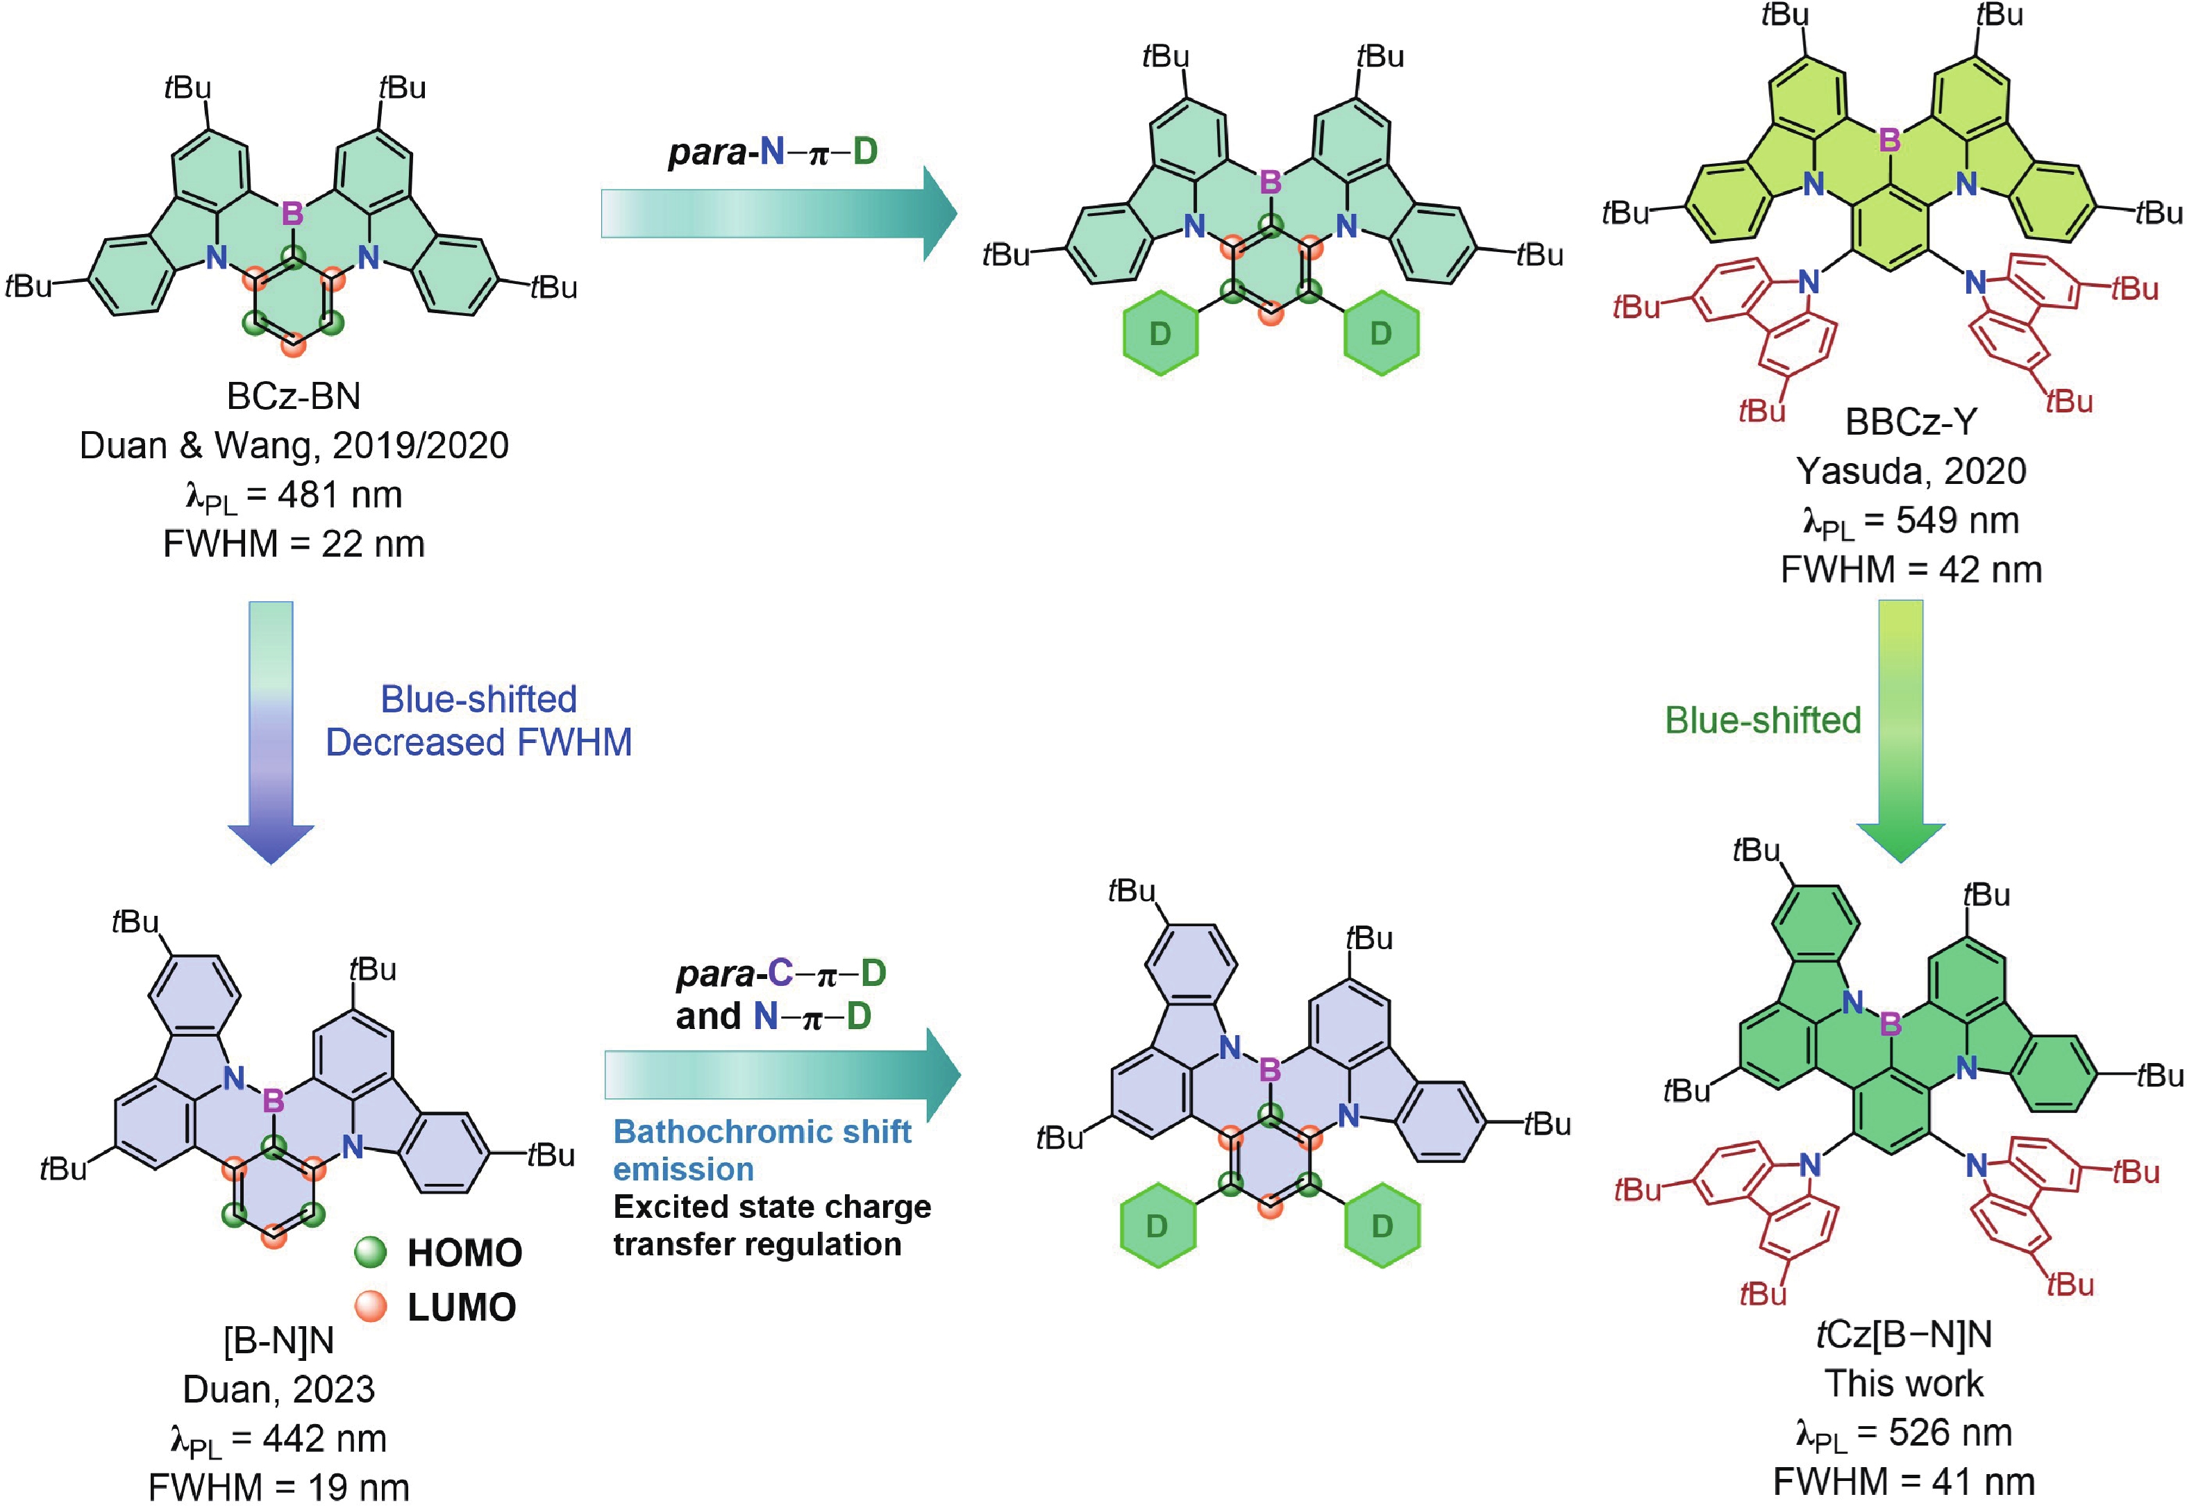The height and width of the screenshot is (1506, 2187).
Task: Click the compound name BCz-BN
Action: (x=294, y=396)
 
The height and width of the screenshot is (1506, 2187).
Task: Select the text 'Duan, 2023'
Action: (x=278, y=1389)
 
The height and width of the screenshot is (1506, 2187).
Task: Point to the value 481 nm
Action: (x=340, y=494)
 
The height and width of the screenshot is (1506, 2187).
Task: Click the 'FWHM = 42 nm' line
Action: (x=1911, y=570)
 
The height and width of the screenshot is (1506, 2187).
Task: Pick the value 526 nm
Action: (x=1950, y=1432)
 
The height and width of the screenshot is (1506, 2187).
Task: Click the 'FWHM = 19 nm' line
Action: (x=279, y=1488)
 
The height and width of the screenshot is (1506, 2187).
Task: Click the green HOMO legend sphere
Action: (x=371, y=1252)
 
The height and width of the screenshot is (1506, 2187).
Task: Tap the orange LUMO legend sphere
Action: (x=371, y=1306)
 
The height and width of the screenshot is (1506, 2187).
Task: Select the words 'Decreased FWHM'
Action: (x=478, y=743)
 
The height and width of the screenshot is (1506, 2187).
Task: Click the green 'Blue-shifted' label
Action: (x=1762, y=720)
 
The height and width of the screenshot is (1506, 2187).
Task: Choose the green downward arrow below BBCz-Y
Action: (x=1900, y=726)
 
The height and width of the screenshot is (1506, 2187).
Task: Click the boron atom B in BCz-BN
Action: (x=292, y=214)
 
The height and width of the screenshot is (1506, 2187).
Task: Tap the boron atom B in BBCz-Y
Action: (x=1889, y=140)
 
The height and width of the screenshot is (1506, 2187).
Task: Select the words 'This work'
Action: (x=1904, y=1383)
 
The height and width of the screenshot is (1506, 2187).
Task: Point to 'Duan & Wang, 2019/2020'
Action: (x=294, y=445)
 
